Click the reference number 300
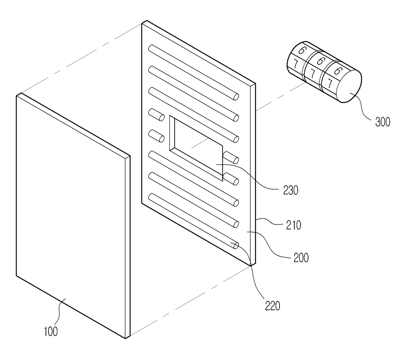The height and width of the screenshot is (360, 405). (382, 122)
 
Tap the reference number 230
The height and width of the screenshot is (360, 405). (291, 190)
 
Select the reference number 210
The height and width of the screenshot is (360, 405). (293, 225)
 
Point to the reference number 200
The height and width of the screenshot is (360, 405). (301, 257)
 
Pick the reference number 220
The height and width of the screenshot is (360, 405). (272, 306)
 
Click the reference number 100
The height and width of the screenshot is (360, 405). (51, 331)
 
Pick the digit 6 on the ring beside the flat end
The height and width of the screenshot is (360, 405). (338, 70)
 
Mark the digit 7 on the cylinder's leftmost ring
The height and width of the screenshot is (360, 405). (295, 63)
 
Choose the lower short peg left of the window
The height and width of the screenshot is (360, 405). (156, 136)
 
